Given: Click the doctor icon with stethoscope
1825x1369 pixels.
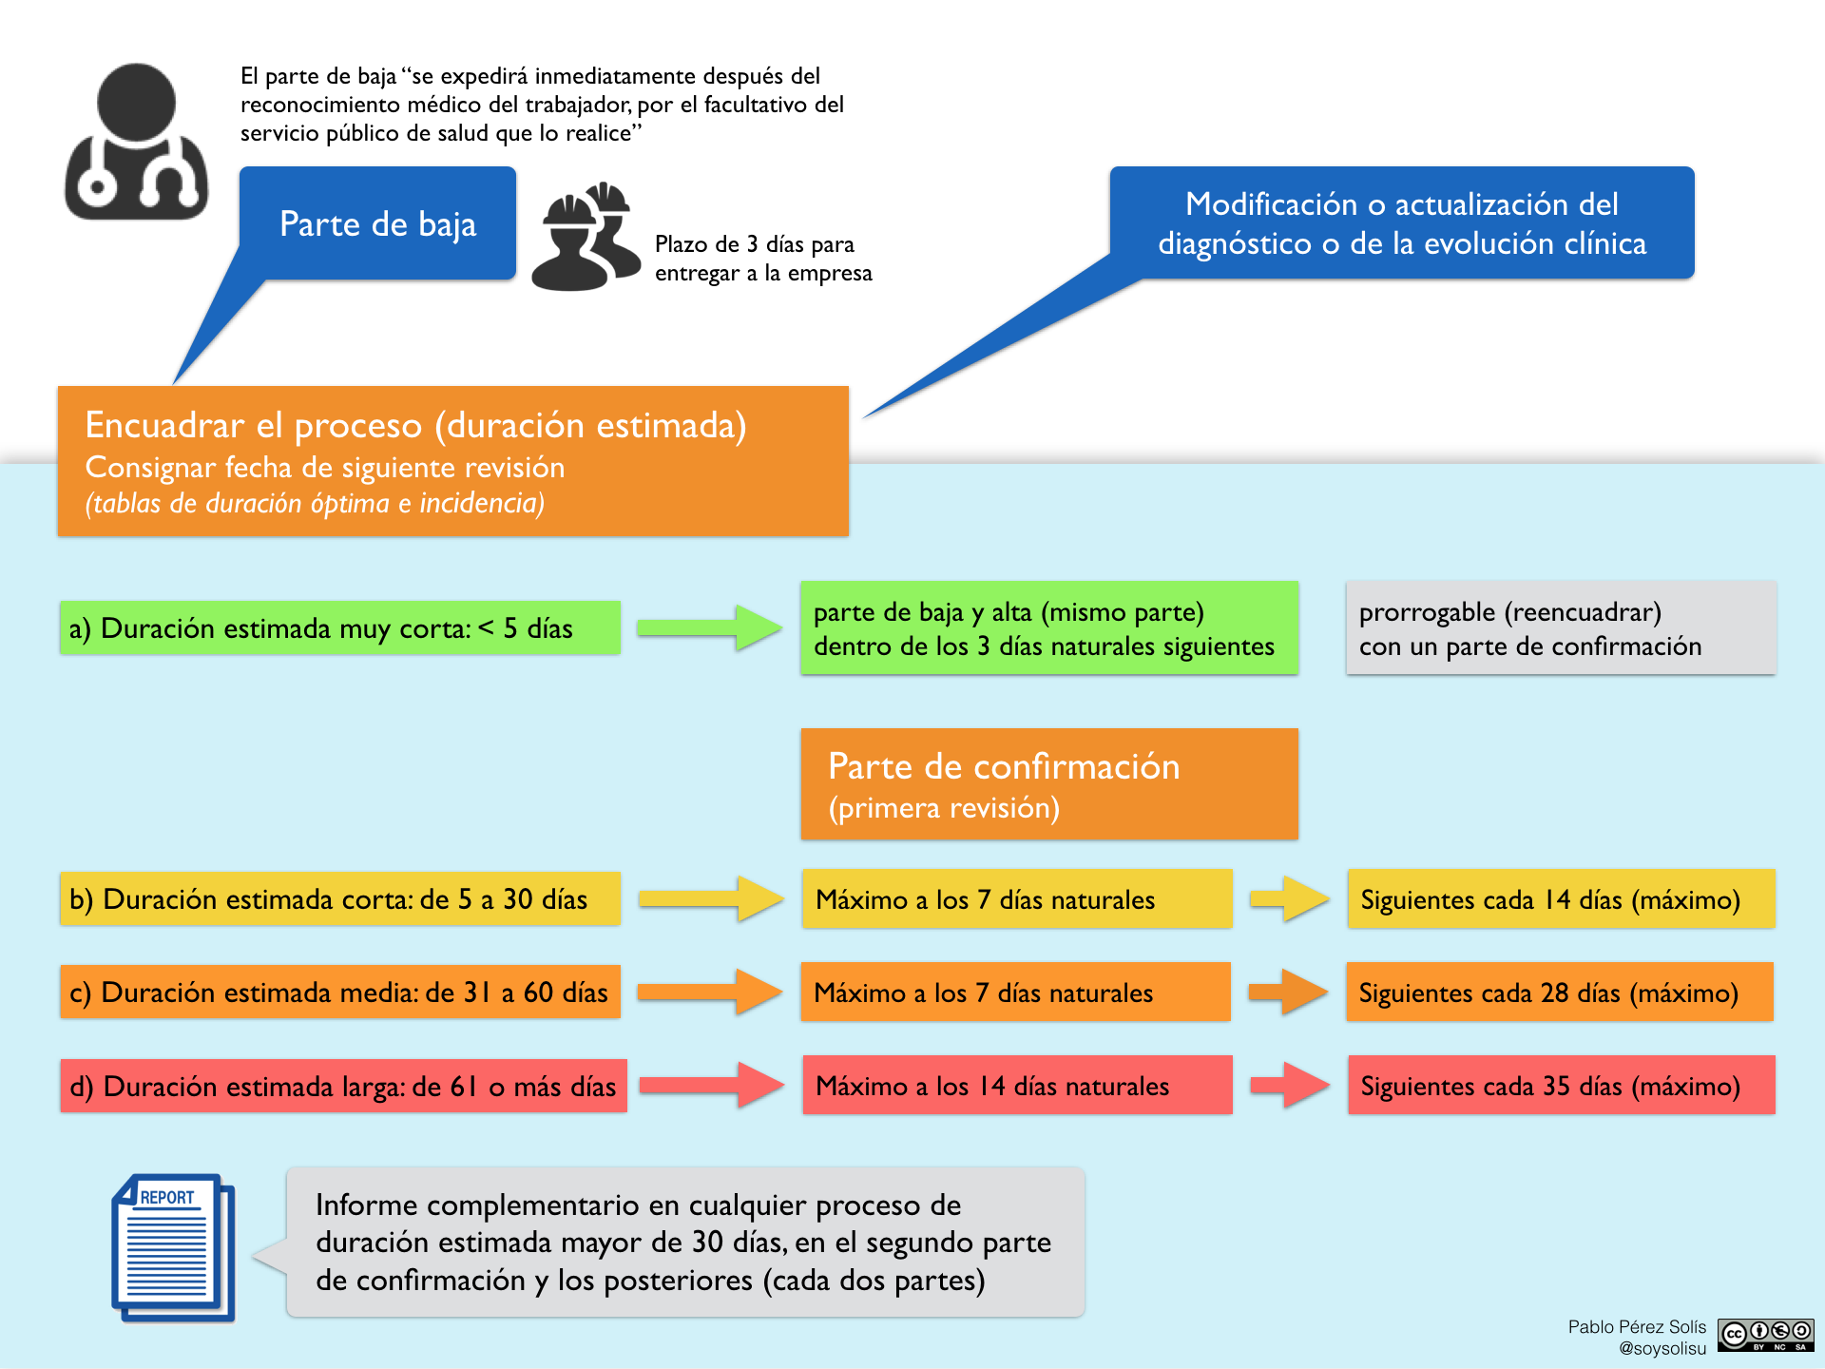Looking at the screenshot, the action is click(136, 143).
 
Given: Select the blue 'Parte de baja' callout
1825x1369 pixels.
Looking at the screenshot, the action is click(377, 223).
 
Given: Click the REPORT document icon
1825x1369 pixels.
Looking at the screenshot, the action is click(173, 1247).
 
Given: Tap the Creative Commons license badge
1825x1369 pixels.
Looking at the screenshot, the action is click(1765, 1335).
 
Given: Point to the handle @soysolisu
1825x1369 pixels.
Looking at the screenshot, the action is click(1662, 1348).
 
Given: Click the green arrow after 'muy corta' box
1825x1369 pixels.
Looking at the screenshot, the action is click(709, 627).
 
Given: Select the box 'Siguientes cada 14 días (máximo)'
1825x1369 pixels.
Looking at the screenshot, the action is click(1561, 898).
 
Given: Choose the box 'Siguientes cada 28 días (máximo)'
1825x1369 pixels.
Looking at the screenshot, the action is click(1560, 992).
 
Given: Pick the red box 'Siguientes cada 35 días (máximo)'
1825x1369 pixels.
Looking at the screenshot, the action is click(1561, 1085).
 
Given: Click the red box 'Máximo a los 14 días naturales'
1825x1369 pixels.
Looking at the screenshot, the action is click(1017, 1085).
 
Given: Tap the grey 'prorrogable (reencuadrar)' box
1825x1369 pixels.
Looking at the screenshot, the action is click(1561, 627).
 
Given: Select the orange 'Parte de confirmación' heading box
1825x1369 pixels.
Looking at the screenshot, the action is click(1049, 784).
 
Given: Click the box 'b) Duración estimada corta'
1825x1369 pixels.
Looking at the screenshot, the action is click(340, 898).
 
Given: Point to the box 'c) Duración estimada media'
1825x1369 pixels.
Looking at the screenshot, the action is click(340, 992).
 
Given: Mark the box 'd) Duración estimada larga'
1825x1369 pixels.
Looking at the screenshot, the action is click(343, 1086).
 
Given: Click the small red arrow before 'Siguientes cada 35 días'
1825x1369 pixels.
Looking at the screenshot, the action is click(1290, 1085).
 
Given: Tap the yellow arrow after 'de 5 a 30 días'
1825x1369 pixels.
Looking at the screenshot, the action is click(711, 898).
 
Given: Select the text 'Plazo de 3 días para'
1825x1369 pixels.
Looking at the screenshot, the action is click(755, 244).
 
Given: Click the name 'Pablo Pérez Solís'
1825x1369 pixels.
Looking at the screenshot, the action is click(1637, 1326).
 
